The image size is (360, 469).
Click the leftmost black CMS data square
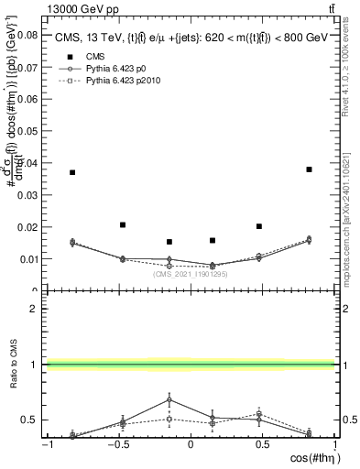[72, 172]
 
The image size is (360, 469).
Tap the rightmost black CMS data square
[310, 169]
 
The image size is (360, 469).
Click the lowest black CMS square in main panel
[169, 242]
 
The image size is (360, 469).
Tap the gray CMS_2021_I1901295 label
[190, 273]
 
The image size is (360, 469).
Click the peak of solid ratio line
[169, 398]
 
